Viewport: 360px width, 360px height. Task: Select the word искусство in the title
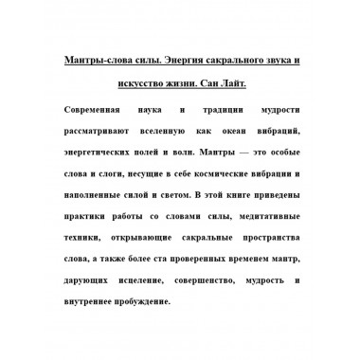coord(140,84)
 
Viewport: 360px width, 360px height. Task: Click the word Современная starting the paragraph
coord(101,109)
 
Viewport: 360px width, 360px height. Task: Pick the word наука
coord(172,109)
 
